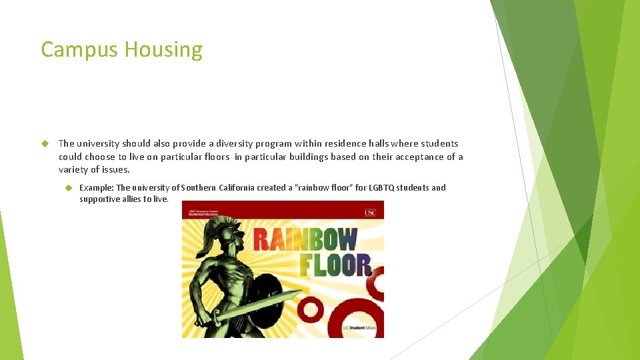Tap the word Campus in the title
[x=80, y=50]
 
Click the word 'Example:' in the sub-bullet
[x=97, y=188]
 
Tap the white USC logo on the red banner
[x=370, y=213]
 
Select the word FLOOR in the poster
[x=335, y=265]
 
